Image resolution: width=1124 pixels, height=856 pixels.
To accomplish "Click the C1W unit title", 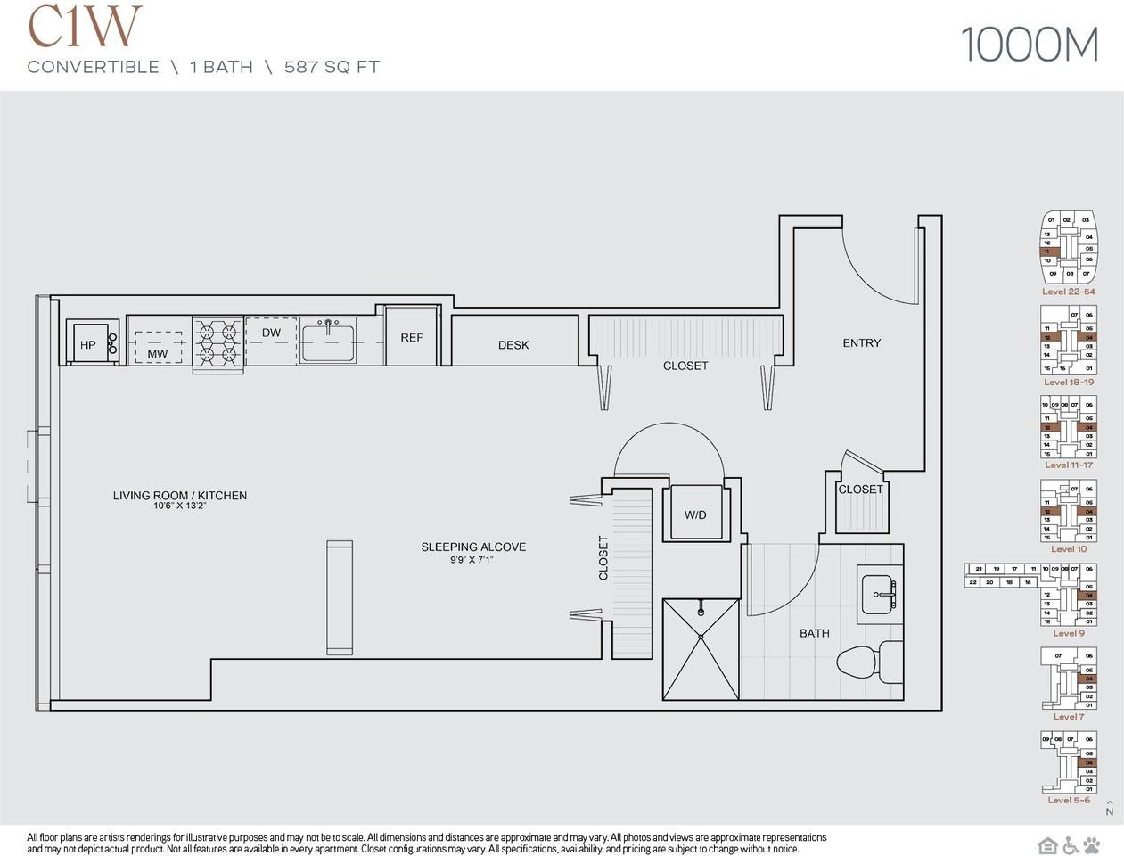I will click(x=85, y=26).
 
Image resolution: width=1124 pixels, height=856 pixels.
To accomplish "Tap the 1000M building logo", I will click(x=1030, y=45).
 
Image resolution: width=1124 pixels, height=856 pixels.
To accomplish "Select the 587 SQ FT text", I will click(x=332, y=67).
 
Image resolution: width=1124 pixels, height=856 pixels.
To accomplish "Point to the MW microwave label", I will click(x=158, y=353).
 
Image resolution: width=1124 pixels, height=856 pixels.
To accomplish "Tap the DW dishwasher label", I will click(x=271, y=333).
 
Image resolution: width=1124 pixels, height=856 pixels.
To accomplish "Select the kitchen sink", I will click(x=328, y=341).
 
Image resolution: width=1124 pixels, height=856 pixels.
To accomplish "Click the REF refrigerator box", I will click(x=411, y=338).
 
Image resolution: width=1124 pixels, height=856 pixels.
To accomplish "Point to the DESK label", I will click(x=513, y=345).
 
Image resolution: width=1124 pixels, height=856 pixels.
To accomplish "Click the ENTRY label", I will click(x=861, y=342).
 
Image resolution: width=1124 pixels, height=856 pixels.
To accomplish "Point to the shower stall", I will click(x=701, y=648).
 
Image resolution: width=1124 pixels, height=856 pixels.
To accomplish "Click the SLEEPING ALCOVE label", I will click(x=473, y=547).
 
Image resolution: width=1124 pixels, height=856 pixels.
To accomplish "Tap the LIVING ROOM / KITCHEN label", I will click(x=180, y=496).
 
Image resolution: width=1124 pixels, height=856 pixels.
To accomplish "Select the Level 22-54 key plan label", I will click(x=1068, y=292).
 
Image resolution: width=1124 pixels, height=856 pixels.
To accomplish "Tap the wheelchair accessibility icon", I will click(x=1069, y=844).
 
